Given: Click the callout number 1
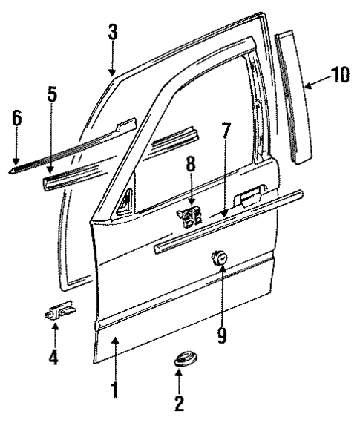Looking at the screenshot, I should (x=114, y=388).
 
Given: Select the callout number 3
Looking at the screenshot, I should (x=112, y=34).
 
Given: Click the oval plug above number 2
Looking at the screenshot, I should (x=180, y=361).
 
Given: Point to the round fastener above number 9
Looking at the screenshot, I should (x=218, y=258).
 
